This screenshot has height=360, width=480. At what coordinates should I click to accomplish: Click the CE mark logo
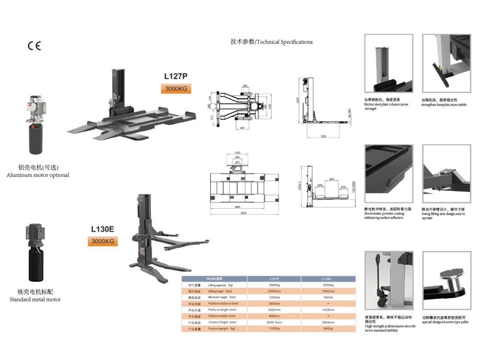point(34,46)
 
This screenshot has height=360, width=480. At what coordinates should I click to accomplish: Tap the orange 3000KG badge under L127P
point(176,89)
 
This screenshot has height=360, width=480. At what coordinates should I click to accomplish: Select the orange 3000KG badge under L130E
point(102,241)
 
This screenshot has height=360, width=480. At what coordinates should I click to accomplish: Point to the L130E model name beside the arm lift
point(103,229)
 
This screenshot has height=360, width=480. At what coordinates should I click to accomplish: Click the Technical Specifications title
point(272,42)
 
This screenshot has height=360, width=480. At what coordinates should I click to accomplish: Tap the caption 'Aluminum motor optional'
point(38,175)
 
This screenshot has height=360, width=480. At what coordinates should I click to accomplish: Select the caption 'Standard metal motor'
point(35,299)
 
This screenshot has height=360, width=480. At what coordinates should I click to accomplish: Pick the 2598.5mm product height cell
point(274,322)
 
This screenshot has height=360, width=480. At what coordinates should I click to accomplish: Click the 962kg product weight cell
point(328,328)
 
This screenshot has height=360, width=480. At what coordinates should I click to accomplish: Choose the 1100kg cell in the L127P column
point(274,328)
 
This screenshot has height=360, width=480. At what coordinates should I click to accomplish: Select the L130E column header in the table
point(328,279)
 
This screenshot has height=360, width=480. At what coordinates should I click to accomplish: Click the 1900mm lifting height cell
point(328,291)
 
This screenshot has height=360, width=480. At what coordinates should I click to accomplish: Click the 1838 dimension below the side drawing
point(323,136)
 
